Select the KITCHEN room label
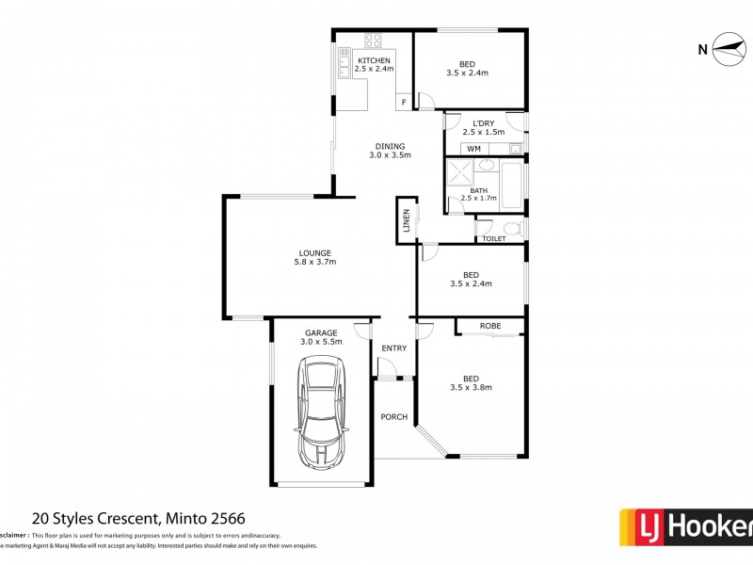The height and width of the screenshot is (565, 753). point(374,61)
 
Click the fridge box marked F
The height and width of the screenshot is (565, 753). point(404,102)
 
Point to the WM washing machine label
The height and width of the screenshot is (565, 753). point(473,149)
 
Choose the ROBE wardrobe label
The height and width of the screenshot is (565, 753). point(489,326)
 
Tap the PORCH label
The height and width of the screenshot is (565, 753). point(393,416)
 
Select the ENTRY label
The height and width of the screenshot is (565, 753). point(393,348)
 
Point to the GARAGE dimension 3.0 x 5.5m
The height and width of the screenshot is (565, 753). point(321,342)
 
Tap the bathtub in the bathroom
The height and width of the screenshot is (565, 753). point(513,185)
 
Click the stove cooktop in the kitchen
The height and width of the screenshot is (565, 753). point(373,41)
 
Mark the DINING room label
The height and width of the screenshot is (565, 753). point(390,146)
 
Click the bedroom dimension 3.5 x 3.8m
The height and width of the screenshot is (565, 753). point(471,387)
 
